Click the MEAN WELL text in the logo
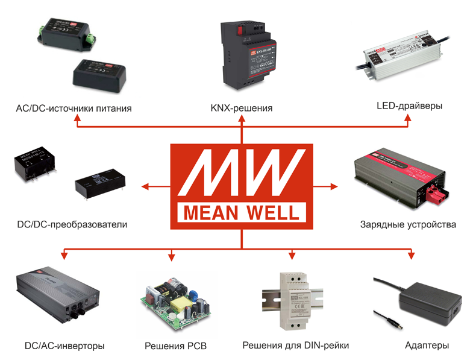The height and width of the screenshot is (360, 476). pos(242,213)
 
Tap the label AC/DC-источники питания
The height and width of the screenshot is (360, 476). pos(75,109)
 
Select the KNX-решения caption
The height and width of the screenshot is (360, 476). pos(242,109)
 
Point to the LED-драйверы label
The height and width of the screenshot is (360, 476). pos(409,106)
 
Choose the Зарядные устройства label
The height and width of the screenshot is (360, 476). pos(408,224)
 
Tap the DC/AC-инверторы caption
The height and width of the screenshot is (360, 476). pos(64,346)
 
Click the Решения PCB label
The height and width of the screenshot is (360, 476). pos(175,346)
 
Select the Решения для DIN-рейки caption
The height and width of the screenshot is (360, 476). pos(296,346)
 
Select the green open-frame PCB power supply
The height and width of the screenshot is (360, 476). pos(175,302)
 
